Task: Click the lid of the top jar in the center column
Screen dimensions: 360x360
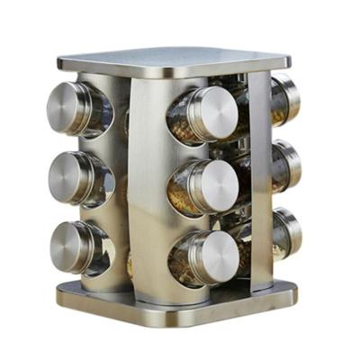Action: pos(215,114)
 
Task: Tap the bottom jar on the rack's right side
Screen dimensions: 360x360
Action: pos(286,233)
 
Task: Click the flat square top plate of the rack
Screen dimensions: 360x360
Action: pos(175,59)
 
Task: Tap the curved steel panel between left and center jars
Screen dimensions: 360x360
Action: pos(144,180)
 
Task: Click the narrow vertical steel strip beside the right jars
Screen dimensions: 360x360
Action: pos(259,180)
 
